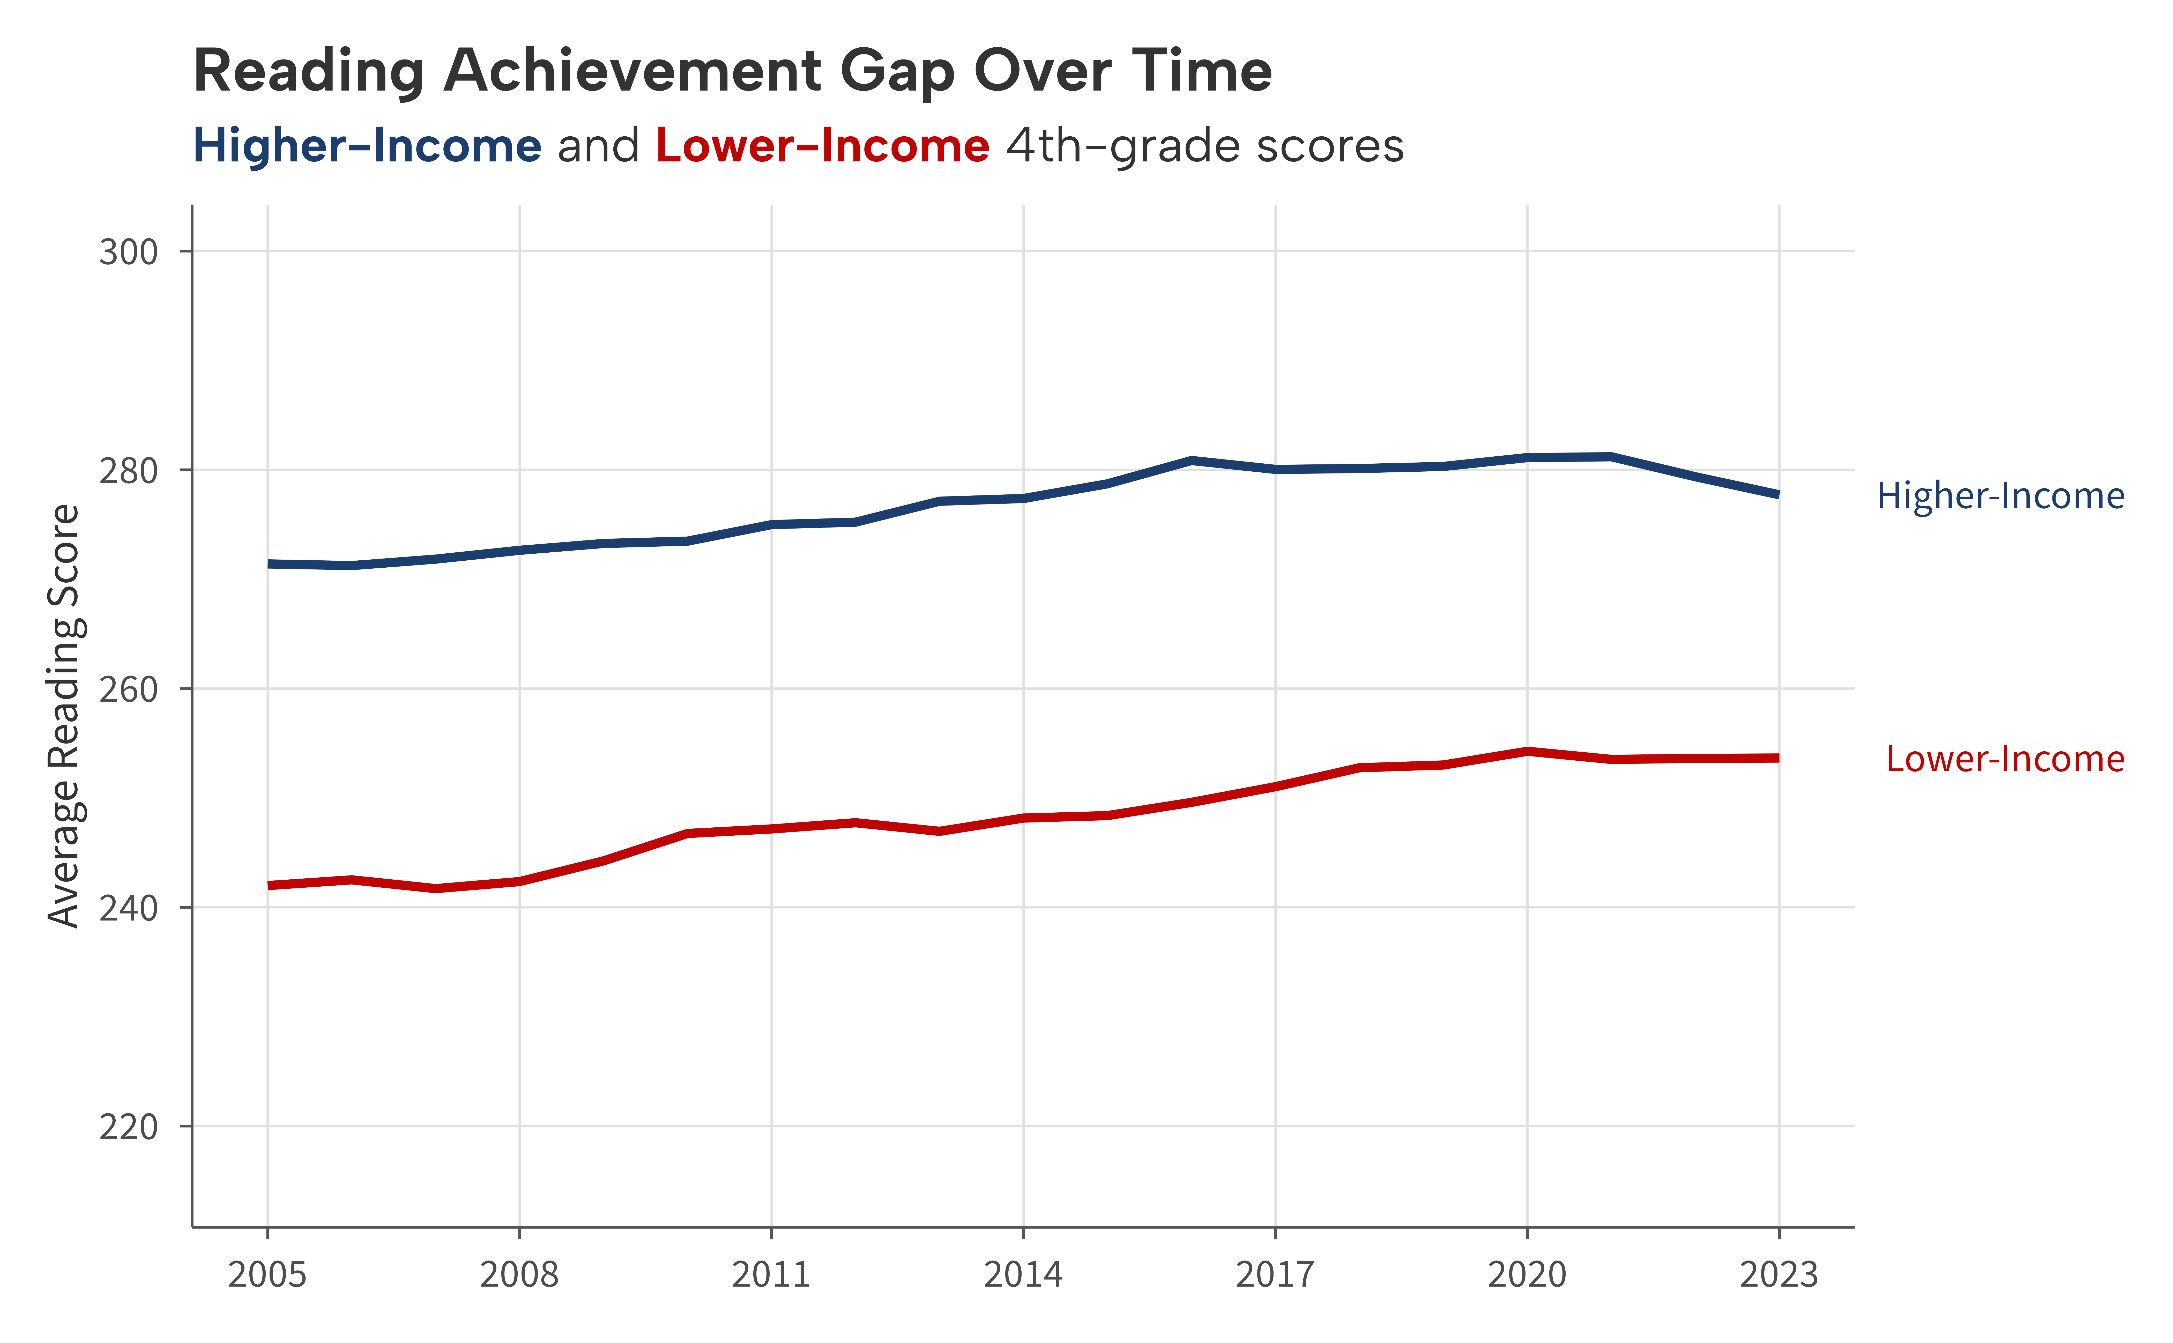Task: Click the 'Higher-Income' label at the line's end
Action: coord(2000,496)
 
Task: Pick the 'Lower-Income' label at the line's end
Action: coord(2004,759)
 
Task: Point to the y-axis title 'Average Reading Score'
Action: coord(64,716)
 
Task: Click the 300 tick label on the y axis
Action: coord(129,252)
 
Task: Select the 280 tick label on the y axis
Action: coord(129,471)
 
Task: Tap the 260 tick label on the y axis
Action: coord(129,689)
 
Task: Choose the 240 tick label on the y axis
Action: coord(129,909)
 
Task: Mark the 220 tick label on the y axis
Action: coord(129,1127)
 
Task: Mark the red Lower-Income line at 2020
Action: coord(1527,751)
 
